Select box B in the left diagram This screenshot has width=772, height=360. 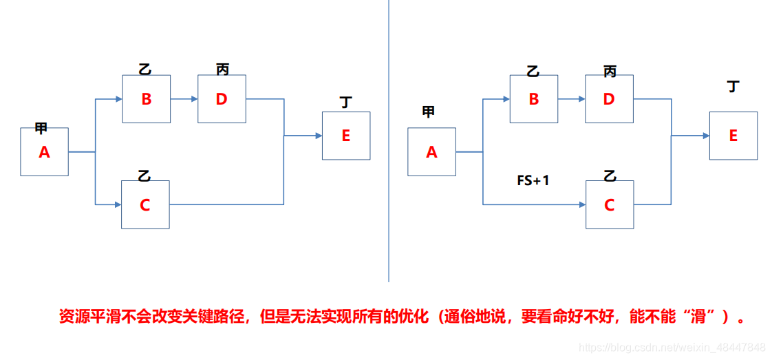(x=146, y=99)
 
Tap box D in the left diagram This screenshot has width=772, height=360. (x=222, y=99)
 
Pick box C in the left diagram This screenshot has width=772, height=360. (x=145, y=204)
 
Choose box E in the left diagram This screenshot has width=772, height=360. (x=346, y=136)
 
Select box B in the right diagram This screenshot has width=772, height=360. (x=533, y=99)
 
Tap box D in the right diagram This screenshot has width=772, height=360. (x=609, y=99)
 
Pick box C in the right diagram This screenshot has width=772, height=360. (x=609, y=204)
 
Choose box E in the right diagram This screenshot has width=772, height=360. (x=733, y=136)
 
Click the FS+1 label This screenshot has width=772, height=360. (x=533, y=181)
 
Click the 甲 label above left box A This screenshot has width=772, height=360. (x=41, y=128)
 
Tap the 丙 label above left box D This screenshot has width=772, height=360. (x=222, y=69)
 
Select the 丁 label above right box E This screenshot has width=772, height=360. (x=733, y=87)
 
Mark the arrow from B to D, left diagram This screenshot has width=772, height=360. (x=184, y=99)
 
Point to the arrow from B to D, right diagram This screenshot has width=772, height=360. (x=571, y=99)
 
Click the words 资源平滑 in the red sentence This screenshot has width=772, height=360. (x=87, y=317)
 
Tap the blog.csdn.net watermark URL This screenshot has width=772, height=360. (x=672, y=347)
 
